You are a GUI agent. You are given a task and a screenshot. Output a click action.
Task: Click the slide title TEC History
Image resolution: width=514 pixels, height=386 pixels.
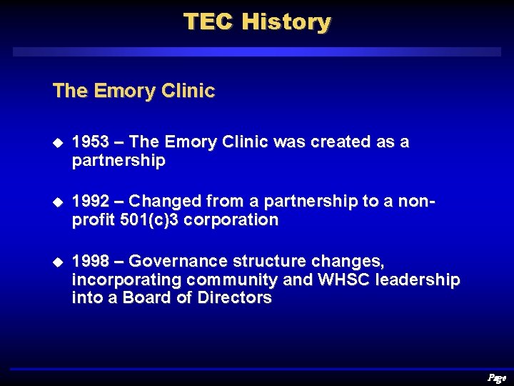257,21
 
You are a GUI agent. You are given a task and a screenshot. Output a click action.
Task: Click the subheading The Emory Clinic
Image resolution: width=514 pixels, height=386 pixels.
133,91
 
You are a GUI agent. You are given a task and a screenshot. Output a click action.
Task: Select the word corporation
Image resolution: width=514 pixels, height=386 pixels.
231,220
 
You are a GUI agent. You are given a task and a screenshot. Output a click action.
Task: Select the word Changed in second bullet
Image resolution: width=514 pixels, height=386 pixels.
162,202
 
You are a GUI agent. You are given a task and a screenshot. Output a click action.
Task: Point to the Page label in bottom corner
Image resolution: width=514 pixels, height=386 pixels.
497,378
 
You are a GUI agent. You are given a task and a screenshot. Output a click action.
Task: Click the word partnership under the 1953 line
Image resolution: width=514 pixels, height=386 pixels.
119,161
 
